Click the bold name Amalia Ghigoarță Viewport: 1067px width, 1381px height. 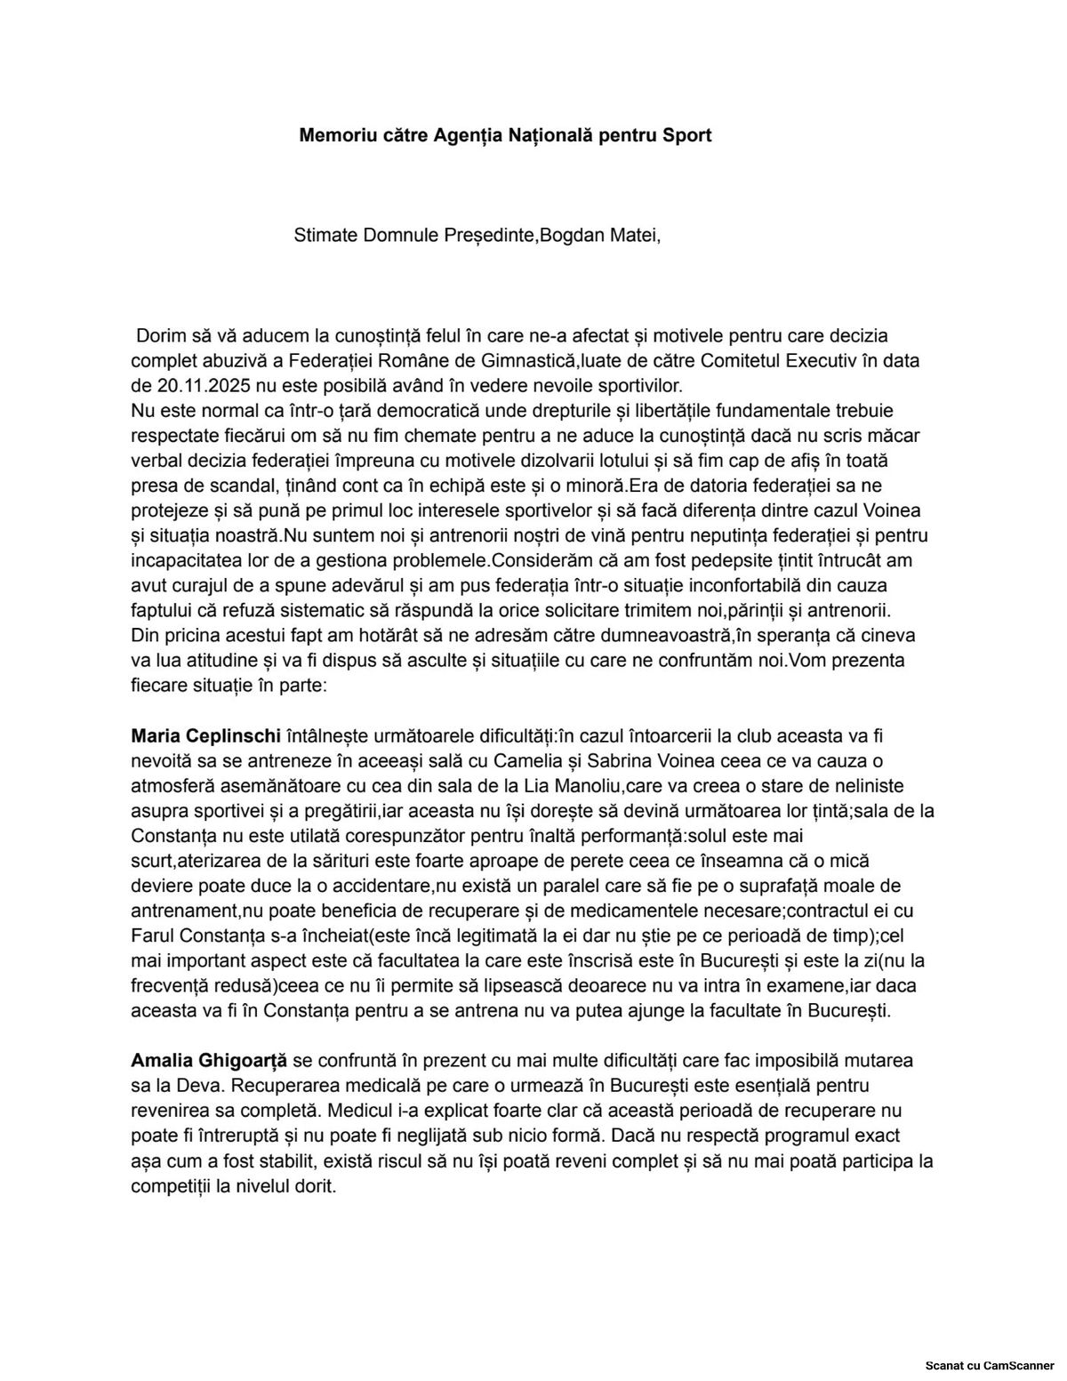(x=209, y=1061)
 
